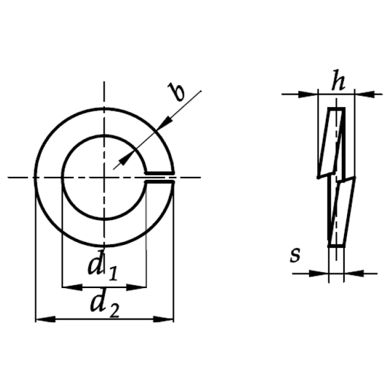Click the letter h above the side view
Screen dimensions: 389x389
click(x=339, y=80)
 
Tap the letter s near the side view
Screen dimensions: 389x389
click(x=295, y=255)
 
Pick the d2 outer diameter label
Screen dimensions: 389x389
click(x=105, y=306)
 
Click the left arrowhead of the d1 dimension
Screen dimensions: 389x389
click(x=72, y=287)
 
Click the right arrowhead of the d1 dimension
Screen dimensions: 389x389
click(x=136, y=287)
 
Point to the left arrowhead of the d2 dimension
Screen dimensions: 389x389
click(x=46, y=319)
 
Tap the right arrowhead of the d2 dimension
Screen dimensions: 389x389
click(x=164, y=319)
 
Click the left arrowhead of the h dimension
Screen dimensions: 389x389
click(x=308, y=94)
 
